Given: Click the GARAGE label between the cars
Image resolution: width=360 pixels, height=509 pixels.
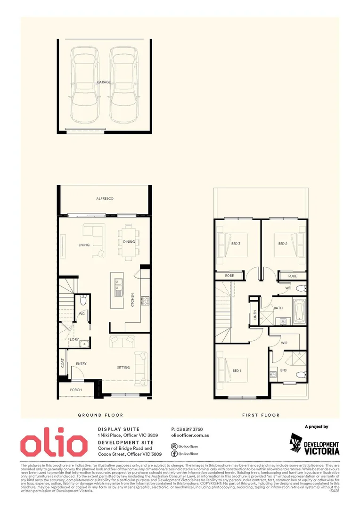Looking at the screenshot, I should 104,82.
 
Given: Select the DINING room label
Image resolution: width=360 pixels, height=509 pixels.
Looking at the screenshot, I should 129,242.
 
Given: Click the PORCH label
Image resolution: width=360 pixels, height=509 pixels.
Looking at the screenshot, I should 76,390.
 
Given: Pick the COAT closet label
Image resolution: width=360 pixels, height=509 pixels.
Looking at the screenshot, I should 63,363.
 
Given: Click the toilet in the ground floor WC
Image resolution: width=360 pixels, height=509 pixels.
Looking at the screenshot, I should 83,300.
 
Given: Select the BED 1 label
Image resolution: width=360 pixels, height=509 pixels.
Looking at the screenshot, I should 237,371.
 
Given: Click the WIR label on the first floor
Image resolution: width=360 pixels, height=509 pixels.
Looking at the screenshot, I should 284,343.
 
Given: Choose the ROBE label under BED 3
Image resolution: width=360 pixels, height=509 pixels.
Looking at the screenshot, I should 229,275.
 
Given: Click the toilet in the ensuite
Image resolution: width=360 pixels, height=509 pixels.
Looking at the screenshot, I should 300,375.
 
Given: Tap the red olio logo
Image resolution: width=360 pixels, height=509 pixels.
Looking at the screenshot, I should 53,444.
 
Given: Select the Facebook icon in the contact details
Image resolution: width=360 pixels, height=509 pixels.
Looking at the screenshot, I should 174,453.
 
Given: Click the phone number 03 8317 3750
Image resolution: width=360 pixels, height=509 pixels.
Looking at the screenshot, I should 187,429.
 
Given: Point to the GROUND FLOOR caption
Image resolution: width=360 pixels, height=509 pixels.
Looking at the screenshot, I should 100,415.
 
